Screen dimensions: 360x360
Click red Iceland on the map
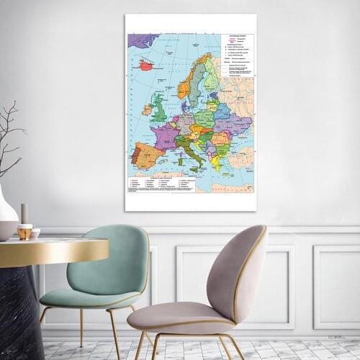point(146,65)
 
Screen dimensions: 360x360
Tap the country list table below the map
point(161,184)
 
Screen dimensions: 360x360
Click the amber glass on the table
point(25,232)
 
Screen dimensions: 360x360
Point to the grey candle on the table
point(24,213)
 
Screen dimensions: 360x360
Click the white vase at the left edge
point(6,216)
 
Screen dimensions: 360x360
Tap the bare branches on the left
point(11,137)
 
